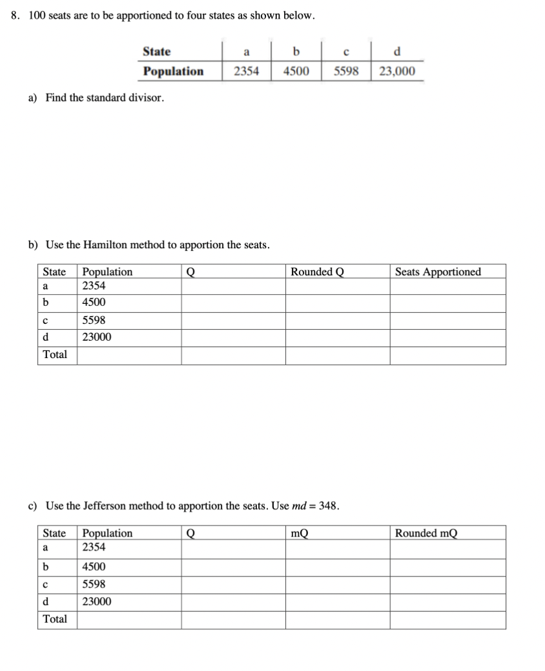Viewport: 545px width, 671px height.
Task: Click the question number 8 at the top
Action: [15, 16]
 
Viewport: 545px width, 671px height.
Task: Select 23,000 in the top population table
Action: [397, 71]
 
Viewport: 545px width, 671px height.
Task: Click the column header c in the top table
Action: [346, 52]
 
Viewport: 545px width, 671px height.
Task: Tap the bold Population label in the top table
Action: [173, 71]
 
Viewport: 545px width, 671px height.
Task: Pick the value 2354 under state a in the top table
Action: [246, 71]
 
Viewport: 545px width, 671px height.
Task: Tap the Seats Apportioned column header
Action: [438, 272]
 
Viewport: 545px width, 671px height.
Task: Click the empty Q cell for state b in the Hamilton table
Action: [233, 303]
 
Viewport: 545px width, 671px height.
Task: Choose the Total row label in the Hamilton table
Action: [55, 355]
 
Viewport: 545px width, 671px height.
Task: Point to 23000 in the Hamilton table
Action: [97, 337]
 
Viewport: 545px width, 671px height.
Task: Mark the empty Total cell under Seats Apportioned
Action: [447, 355]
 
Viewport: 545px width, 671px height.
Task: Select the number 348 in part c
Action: [329, 506]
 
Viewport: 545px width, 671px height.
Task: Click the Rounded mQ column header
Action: [426, 533]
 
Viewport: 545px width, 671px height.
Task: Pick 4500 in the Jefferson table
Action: [94, 567]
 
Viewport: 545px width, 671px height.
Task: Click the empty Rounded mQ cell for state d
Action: [447, 602]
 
